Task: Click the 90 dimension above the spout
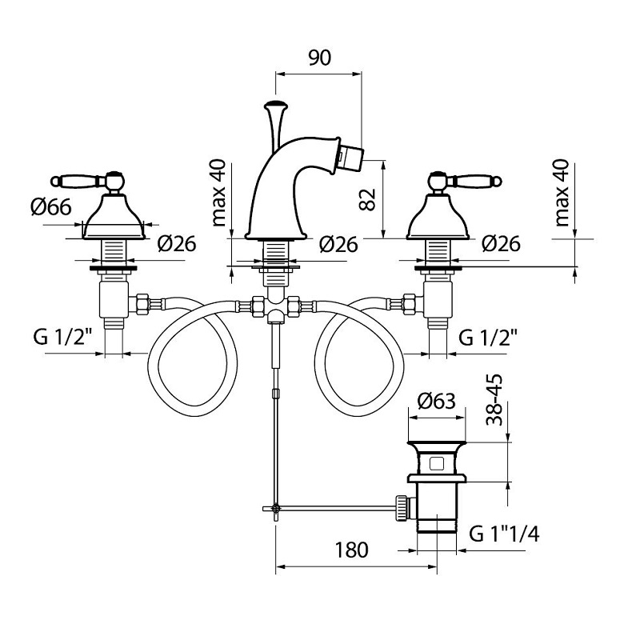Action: (x=319, y=58)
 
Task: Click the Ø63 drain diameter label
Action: (x=438, y=401)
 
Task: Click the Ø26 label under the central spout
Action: (x=337, y=245)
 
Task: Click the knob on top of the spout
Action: (x=275, y=105)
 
